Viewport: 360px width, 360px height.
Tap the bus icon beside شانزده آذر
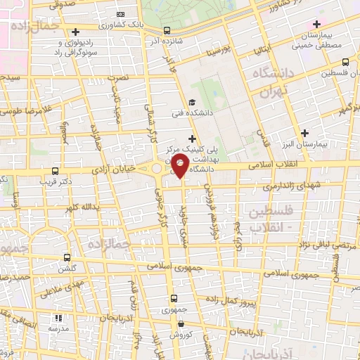[167, 30]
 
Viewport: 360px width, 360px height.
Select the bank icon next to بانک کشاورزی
[120, 14]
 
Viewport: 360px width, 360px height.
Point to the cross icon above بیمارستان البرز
[304, 132]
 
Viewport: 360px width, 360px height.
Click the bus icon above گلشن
[67, 257]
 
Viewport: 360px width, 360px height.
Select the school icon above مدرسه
[56, 318]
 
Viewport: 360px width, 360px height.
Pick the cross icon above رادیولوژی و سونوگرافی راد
[75, 31]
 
